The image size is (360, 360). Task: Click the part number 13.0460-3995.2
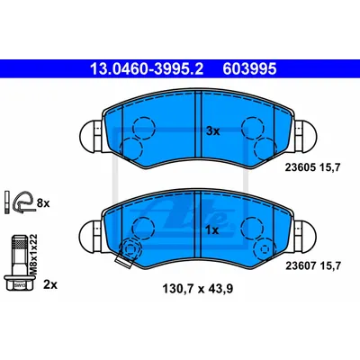pos(147,69)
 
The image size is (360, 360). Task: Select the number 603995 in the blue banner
pos(249,69)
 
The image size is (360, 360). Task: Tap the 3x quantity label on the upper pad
pos(213,131)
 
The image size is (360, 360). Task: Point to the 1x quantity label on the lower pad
pos(213,230)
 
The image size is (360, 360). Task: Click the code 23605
pos(300,167)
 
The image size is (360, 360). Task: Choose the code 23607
pos(300,265)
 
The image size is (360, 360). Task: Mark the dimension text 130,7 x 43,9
pos(198,289)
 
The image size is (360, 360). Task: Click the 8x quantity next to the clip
pos(43,203)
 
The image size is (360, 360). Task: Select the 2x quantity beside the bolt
pos(50,284)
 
